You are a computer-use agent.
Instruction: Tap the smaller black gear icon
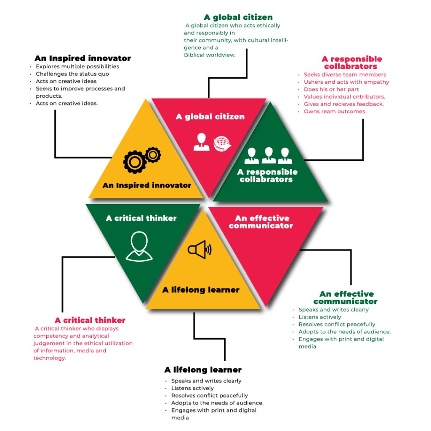(x=153, y=155)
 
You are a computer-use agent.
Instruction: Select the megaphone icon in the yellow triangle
(x=199, y=250)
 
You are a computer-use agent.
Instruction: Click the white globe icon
(x=222, y=143)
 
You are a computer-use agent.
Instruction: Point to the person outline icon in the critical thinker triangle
(x=139, y=247)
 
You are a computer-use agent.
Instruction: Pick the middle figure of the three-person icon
(x=269, y=156)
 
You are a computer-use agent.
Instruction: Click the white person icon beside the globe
(x=201, y=142)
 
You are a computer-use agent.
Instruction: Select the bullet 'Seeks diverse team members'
(x=345, y=74)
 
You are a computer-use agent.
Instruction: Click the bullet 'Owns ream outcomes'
(x=334, y=112)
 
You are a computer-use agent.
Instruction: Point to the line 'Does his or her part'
(x=331, y=89)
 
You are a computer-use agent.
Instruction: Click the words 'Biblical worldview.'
(x=210, y=55)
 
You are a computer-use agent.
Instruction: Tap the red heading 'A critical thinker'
(x=90, y=320)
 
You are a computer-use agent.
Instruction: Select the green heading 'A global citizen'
(x=238, y=17)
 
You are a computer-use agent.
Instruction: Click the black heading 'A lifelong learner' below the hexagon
(x=203, y=370)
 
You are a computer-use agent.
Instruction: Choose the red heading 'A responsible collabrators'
(x=352, y=63)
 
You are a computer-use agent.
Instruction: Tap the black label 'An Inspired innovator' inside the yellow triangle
(x=147, y=185)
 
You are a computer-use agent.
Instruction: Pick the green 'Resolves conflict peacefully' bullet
(x=337, y=325)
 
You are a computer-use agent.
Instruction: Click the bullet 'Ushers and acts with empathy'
(x=346, y=82)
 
